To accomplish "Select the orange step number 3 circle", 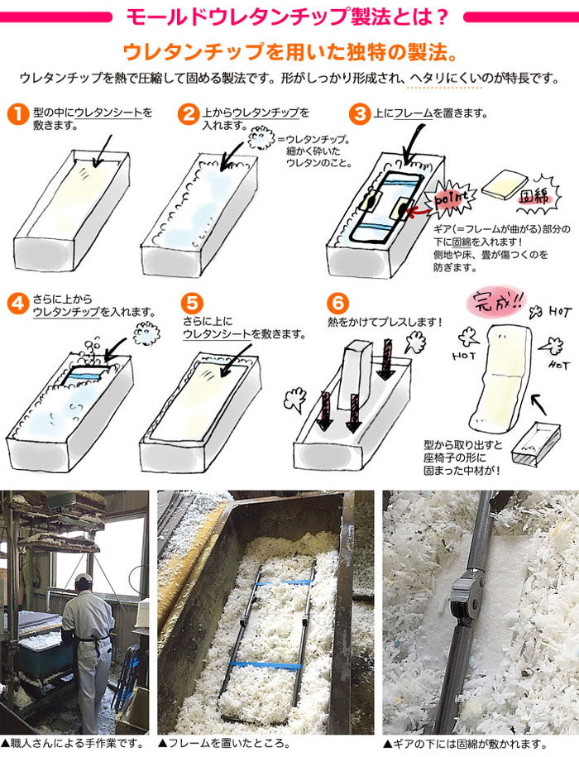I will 360,114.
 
